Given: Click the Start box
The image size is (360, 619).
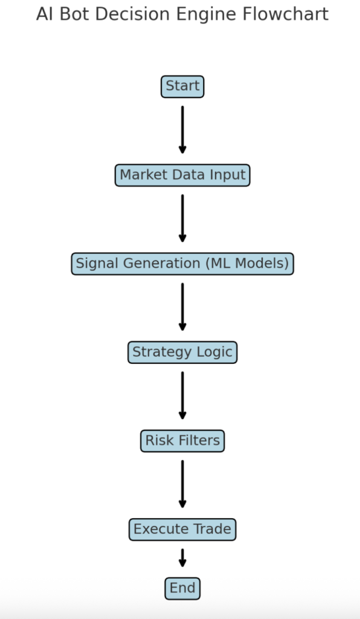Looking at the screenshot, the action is tap(182, 86).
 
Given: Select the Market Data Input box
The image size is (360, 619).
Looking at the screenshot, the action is tap(182, 175).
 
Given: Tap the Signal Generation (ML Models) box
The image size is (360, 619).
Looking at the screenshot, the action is tap(182, 264).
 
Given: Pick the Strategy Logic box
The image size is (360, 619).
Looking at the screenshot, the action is tap(182, 352).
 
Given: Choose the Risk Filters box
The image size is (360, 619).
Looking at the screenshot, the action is tap(182, 441).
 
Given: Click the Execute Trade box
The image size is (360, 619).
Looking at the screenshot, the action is tap(182, 530).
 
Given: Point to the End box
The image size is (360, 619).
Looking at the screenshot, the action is tap(182, 588).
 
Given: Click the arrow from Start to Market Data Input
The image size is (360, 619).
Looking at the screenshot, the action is tap(182, 129).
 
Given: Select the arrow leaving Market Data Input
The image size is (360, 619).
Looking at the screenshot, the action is tap(182, 218).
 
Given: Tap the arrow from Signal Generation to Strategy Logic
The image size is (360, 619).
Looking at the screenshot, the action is tap(182, 306).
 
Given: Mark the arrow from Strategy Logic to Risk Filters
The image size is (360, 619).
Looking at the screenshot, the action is tap(182, 395).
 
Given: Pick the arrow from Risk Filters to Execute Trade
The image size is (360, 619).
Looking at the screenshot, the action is tap(182, 484).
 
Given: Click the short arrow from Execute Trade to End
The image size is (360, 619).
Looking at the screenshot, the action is tap(182, 558).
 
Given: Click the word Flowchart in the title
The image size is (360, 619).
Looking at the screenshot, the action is tap(286, 15).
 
